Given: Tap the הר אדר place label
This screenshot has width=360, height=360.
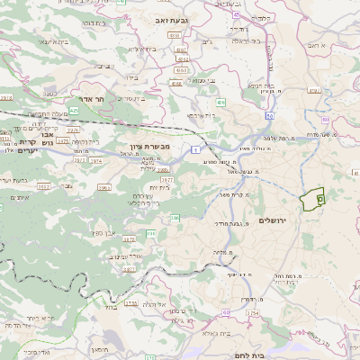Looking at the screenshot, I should (x=112, y=99).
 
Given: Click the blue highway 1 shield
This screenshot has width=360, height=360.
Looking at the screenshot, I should (x=193, y=149).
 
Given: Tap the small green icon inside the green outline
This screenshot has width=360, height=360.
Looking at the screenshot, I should (x=321, y=197).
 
